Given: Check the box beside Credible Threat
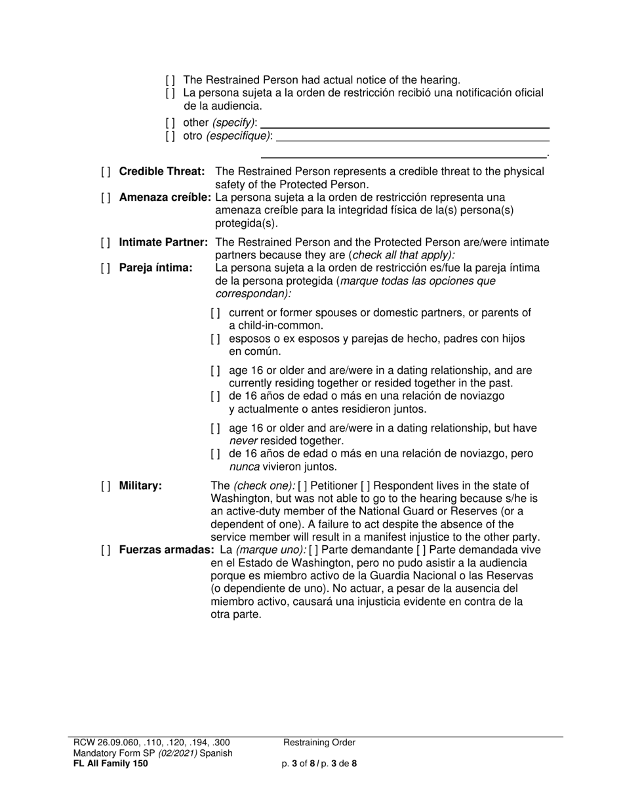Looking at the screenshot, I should (106, 172).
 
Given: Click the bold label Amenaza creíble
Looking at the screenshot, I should (165, 197).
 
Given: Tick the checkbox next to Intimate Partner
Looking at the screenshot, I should (106, 243).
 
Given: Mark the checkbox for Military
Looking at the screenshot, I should (106, 486).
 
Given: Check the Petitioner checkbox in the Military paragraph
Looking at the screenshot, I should (302, 486).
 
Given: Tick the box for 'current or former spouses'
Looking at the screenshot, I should (216, 313).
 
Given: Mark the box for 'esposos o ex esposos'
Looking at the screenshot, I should (216, 339).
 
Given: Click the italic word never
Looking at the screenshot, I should (243, 441).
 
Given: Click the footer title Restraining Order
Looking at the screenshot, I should (319, 743).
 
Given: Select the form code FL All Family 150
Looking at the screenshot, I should (111, 764).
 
